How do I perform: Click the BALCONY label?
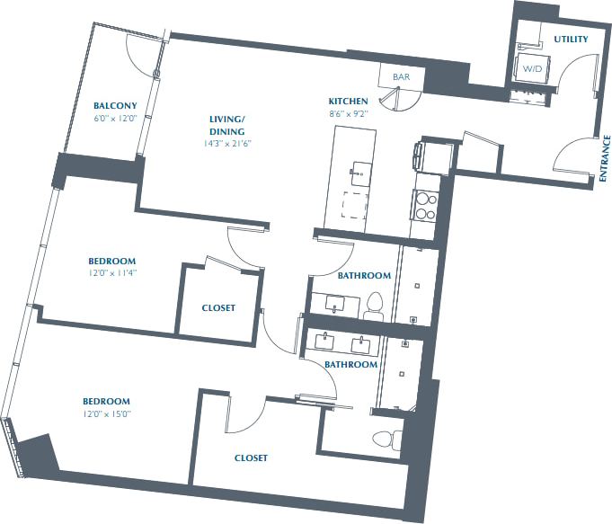[115, 105]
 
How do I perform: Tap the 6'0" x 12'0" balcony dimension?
[115, 118]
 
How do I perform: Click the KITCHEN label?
[348, 101]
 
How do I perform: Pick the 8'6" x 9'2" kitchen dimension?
[348, 113]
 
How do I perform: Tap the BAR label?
[401, 77]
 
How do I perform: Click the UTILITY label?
[571, 39]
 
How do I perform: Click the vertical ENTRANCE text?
[606, 159]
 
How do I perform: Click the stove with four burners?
[425, 202]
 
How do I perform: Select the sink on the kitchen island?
[361, 169]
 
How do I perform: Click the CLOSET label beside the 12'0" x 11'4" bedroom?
[218, 307]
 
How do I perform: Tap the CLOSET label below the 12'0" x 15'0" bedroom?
[251, 457]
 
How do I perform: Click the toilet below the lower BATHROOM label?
[386, 440]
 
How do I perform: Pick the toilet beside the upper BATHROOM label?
[376, 306]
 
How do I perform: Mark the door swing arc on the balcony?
[141, 59]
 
